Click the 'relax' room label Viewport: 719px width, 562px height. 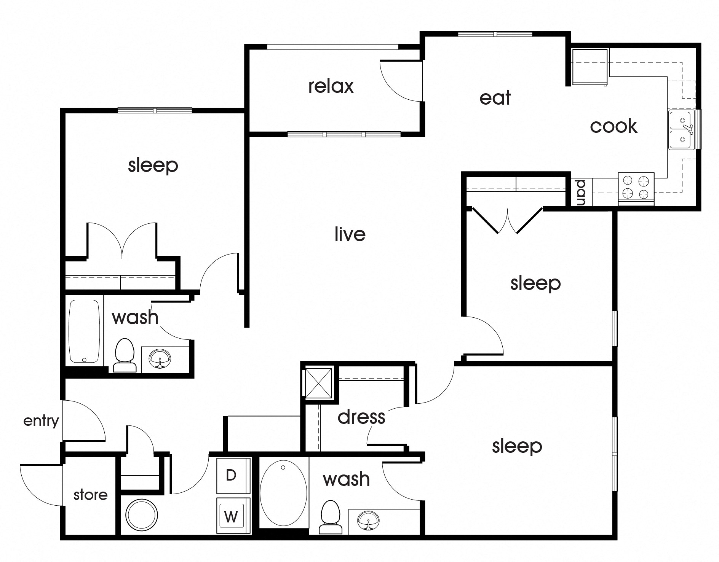tap(331, 86)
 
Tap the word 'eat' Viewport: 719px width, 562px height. tap(495, 98)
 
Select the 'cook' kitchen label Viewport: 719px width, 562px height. tap(613, 126)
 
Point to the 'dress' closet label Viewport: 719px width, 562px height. tap(361, 417)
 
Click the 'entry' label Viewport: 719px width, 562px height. tap(41, 421)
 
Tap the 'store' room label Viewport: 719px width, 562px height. tap(90, 495)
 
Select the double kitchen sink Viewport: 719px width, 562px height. tap(681, 130)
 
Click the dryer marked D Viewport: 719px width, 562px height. tap(231, 476)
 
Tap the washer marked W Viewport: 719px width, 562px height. tap(231, 516)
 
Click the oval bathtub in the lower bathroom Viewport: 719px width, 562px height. tap(283, 493)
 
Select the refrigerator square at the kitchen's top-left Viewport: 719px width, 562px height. tap(590, 67)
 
